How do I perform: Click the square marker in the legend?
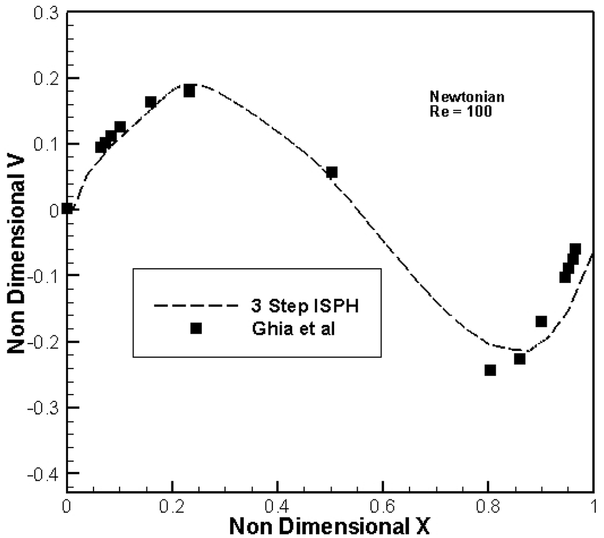(x=196, y=328)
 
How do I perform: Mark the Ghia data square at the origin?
(x=67, y=208)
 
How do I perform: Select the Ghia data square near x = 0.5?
(x=332, y=172)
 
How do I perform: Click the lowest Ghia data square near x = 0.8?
(x=490, y=370)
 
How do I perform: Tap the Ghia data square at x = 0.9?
(x=541, y=321)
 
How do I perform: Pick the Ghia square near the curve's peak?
(x=189, y=91)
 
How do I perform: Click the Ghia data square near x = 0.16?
(x=150, y=102)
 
